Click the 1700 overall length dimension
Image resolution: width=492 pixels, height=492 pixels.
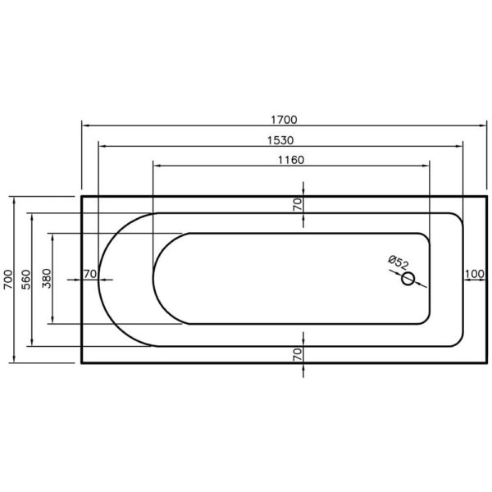pos(284,120)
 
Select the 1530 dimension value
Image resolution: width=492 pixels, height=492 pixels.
pos(280,140)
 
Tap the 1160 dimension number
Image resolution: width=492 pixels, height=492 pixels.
pos(291,160)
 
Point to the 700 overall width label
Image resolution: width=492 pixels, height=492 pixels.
pos(8,280)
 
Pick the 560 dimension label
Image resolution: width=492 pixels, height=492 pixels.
pos(25,280)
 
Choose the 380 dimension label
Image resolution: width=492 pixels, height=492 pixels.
pos(47,278)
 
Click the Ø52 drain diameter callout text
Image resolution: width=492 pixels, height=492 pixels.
pos(399,262)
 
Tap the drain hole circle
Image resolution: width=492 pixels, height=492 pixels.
pos(408,279)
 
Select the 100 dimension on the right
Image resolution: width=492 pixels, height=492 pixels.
pos(475,274)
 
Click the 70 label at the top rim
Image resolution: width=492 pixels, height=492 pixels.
pos(298,204)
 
